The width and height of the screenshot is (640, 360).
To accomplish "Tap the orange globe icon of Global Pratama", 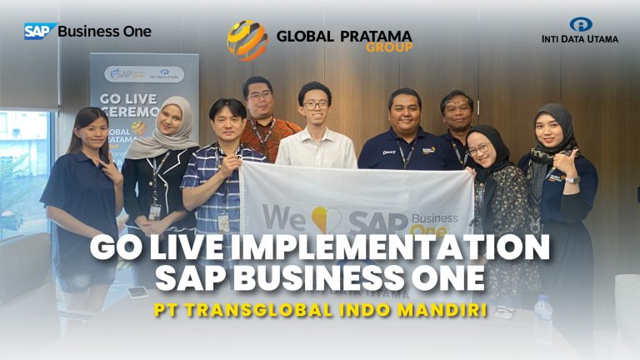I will [247, 40].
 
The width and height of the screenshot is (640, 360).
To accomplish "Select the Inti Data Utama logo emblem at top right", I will [581, 24].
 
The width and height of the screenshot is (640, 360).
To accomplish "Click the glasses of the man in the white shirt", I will [315, 105].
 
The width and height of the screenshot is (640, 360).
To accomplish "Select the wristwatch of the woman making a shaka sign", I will [572, 178].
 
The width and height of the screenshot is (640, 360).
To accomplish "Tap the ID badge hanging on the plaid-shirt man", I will [223, 222].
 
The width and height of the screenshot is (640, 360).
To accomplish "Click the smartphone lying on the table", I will [137, 292].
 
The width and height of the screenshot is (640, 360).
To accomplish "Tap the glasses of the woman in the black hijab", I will [478, 150].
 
